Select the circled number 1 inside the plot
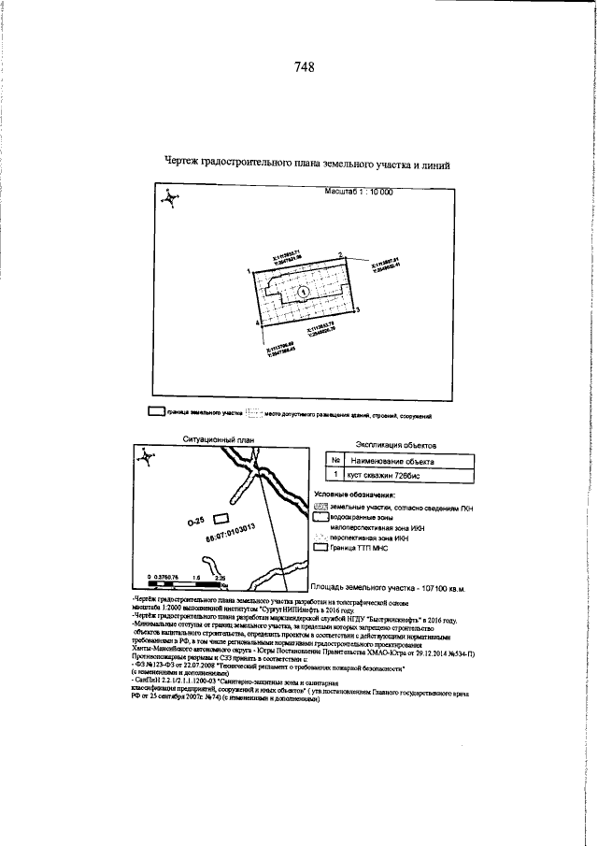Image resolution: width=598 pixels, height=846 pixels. [x=304, y=292]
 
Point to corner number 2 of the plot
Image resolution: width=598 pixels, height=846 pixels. [x=341, y=255]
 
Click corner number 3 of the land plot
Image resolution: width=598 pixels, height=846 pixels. [x=357, y=308]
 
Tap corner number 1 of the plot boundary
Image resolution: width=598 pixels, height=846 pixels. [x=249, y=270]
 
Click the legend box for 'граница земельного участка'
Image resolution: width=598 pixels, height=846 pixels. [x=156, y=411]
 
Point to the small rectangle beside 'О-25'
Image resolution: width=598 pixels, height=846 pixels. [x=221, y=518]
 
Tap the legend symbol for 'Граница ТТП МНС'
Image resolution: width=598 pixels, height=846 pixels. [x=320, y=549]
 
